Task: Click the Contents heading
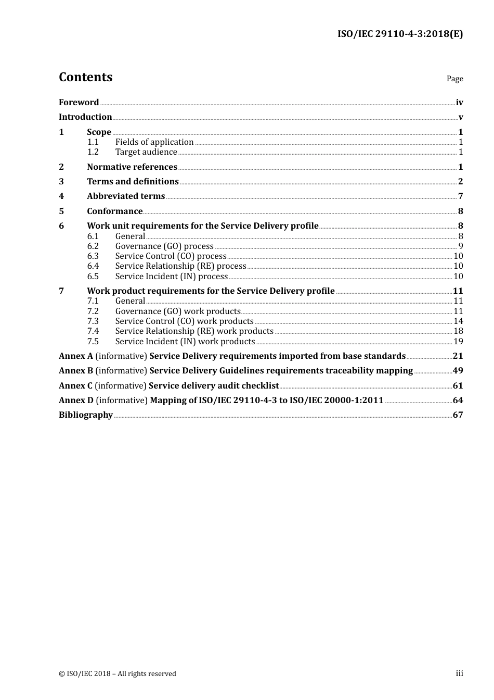[85, 77]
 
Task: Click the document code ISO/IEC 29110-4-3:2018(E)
[400, 34]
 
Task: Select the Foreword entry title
[79, 103]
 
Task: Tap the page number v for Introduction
[460, 117]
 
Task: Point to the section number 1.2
[93, 152]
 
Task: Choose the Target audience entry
[146, 152]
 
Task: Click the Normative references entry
[132, 167]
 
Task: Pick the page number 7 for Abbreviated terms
[460, 196]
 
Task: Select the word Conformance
[114, 211]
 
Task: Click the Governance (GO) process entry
[164, 246]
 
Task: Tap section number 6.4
[93, 266]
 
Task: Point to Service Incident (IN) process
[172, 277]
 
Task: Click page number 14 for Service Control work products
[458, 321]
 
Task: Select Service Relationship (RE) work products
[194, 331]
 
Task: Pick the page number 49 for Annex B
[458, 371]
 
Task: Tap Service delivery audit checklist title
[214, 386]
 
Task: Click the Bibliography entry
[86, 415]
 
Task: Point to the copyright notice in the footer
[118, 674]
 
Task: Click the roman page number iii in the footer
[459, 673]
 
